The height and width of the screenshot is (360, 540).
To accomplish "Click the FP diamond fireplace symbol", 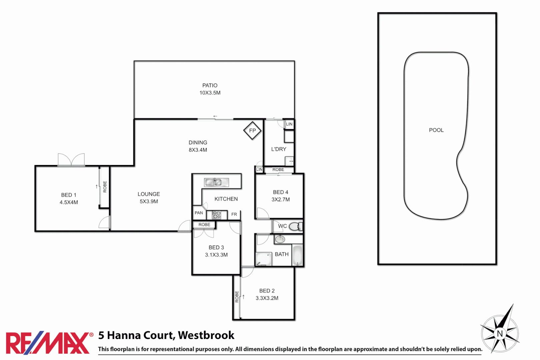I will pyautogui.click(x=252, y=131).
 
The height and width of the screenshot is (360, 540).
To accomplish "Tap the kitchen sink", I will pyautogui.click(x=213, y=182).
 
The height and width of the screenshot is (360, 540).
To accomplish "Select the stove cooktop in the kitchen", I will pyautogui.click(x=217, y=215).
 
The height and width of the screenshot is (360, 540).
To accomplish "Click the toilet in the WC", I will pyautogui.click(x=295, y=227).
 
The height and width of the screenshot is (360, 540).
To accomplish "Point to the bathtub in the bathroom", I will pyautogui.click(x=297, y=255).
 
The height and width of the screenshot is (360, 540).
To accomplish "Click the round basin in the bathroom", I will pyautogui.click(x=280, y=239).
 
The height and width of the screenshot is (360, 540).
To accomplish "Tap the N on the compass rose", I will pyautogui.click(x=500, y=333).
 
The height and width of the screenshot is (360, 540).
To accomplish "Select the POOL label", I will pyautogui.click(x=436, y=130).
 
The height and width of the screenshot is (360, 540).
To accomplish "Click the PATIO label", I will pyautogui.click(x=210, y=85).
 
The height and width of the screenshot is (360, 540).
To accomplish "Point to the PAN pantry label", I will pyautogui.click(x=199, y=213).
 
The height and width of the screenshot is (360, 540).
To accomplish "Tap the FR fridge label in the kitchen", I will pyautogui.click(x=234, y=214).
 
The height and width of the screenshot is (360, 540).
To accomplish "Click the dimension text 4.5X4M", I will pyautogui.click(x=69, y=202).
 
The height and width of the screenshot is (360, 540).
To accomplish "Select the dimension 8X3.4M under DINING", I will pyautogui.click(x=198, y=150).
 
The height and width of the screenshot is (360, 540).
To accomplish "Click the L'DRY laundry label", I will pyautogui.click(x=279, y=149).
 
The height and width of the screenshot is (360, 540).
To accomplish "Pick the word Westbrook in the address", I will pyautogui.click(x=206, y=335).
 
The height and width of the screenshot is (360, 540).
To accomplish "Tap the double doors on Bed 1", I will pyautogui.click(x=71, y=160).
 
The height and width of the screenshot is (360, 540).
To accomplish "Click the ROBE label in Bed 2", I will pyautogui.click(x=237, y=297).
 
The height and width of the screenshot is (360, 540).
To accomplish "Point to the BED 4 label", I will pyautogui.click(x=280, y=192).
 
